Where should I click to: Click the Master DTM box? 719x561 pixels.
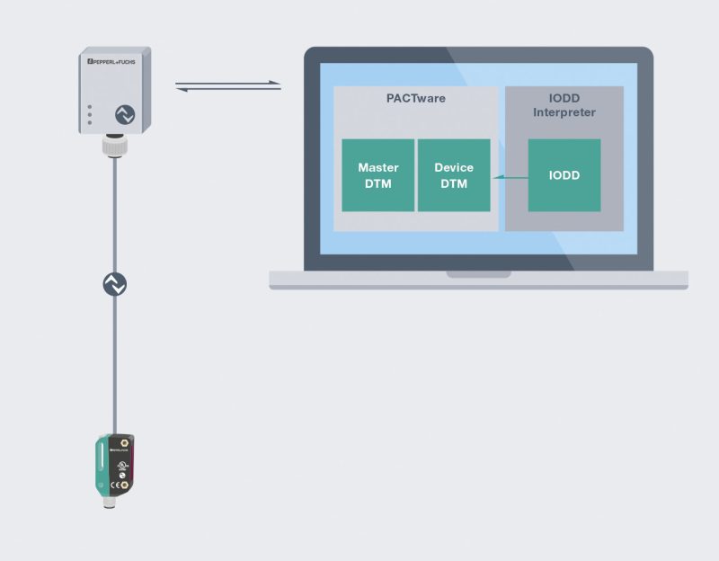pos(377,175)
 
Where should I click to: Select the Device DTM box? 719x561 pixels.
pos(454,175)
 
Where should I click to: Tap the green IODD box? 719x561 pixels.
pos(564,175)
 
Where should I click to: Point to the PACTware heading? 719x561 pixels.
pos(415,99)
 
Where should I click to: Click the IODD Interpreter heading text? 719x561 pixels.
pos(564,105)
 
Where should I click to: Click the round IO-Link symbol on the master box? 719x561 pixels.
pos(123,114)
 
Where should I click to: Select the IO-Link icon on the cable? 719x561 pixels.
pos(114,284)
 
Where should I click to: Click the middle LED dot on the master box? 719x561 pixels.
pos(89,115)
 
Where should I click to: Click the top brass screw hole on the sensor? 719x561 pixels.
pos(125,442)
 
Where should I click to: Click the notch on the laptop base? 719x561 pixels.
pos(478,274)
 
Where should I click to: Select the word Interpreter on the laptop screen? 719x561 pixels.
pos(564,112)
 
